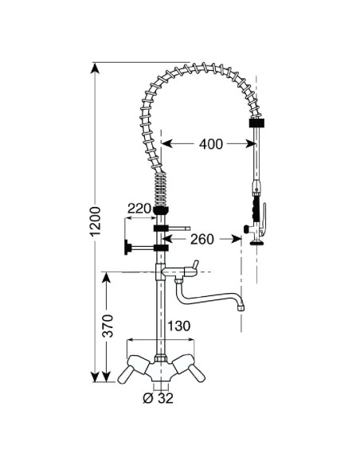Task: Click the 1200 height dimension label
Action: tap(96, 221)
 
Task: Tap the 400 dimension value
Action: tap(210, 144)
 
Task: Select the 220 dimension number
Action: tap(139, 209)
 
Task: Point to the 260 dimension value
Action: tap(202, 239)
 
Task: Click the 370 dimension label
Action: tap(108, 326)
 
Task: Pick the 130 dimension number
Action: tap(179, 326)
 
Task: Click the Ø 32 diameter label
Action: tap(158, 398)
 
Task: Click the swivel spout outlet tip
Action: tap(241, 307)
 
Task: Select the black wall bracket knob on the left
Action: tap(127, 248)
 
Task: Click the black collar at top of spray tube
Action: tap(256, 123)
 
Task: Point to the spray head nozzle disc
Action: tap(257, 243)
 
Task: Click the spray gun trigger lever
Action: tap(264, 219)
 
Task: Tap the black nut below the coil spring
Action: tap(161, 210)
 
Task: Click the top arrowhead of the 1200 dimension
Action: tap(95, 68)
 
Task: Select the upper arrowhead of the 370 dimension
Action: tap(107, 278)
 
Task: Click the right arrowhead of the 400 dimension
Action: tap(251, 144)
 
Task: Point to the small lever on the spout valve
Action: tap(194, 264)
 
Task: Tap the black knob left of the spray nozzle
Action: tap(246, 229)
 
